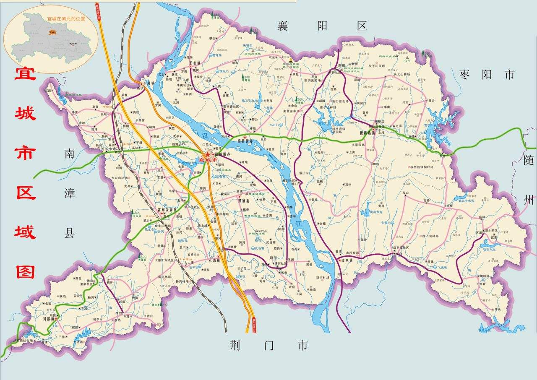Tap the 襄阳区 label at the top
[x=322, y=26]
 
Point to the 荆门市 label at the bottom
[x=268, y=346]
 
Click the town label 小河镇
[x=149, y=83]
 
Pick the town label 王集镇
[x=196, y=63]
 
